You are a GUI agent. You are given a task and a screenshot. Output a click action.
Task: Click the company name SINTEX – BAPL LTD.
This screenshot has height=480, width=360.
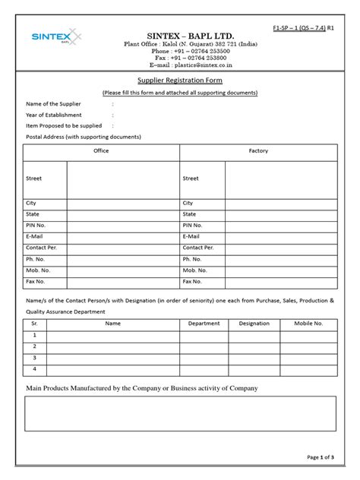pos(180,36)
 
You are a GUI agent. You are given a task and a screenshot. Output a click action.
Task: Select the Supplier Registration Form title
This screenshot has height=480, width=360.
pos(180,79)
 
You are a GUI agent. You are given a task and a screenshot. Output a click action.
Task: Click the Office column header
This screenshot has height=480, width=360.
pos(101,151)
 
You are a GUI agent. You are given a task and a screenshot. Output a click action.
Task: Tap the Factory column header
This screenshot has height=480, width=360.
pos(258,151)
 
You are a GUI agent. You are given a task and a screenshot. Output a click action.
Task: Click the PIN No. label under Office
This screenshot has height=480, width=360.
pos(36,226)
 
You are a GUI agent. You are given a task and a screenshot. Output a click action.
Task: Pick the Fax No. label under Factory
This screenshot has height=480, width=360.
pos(192,281)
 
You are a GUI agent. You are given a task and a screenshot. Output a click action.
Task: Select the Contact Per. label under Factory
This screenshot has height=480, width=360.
pos(198,248)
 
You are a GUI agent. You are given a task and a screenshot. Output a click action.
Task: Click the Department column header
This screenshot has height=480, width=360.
pos(204,324)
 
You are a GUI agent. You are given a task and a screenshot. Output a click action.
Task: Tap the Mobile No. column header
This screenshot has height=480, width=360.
pos(308,324)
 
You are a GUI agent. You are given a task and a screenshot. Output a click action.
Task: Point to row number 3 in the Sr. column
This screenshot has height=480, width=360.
pos(34,357)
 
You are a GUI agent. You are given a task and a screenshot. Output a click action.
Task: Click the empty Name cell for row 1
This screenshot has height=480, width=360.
pos(112,335)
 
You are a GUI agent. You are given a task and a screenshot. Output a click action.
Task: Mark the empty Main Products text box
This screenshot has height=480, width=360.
pos(180,413)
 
